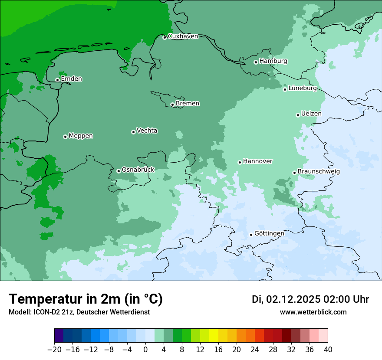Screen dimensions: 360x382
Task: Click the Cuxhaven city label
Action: tap(183, 36)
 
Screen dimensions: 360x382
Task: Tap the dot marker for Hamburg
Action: tap(256, 62)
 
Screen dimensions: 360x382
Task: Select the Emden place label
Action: tap(71, 79)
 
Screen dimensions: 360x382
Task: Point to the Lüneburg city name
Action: tap(302, 88)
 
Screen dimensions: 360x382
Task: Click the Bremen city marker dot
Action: tap(172, 105)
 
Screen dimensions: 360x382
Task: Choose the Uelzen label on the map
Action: tap(311, 114)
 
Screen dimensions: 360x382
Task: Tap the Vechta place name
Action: tap(147, 131)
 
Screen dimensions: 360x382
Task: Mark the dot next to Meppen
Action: tap(65, 137)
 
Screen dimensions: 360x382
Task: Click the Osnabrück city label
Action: tap(138, 170)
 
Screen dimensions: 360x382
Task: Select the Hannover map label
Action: tap(257, 161)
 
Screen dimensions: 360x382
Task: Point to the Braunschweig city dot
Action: tap(294, 173)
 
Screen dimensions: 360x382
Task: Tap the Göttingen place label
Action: tap(269, 233)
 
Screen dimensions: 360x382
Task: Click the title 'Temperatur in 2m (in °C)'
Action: tap(86, 299)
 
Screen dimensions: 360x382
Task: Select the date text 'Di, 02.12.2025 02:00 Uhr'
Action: tap(310, 299)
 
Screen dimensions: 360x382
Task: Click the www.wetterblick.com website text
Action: tap(313, 312)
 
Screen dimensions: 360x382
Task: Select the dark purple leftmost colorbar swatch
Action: tap(59, 336)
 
